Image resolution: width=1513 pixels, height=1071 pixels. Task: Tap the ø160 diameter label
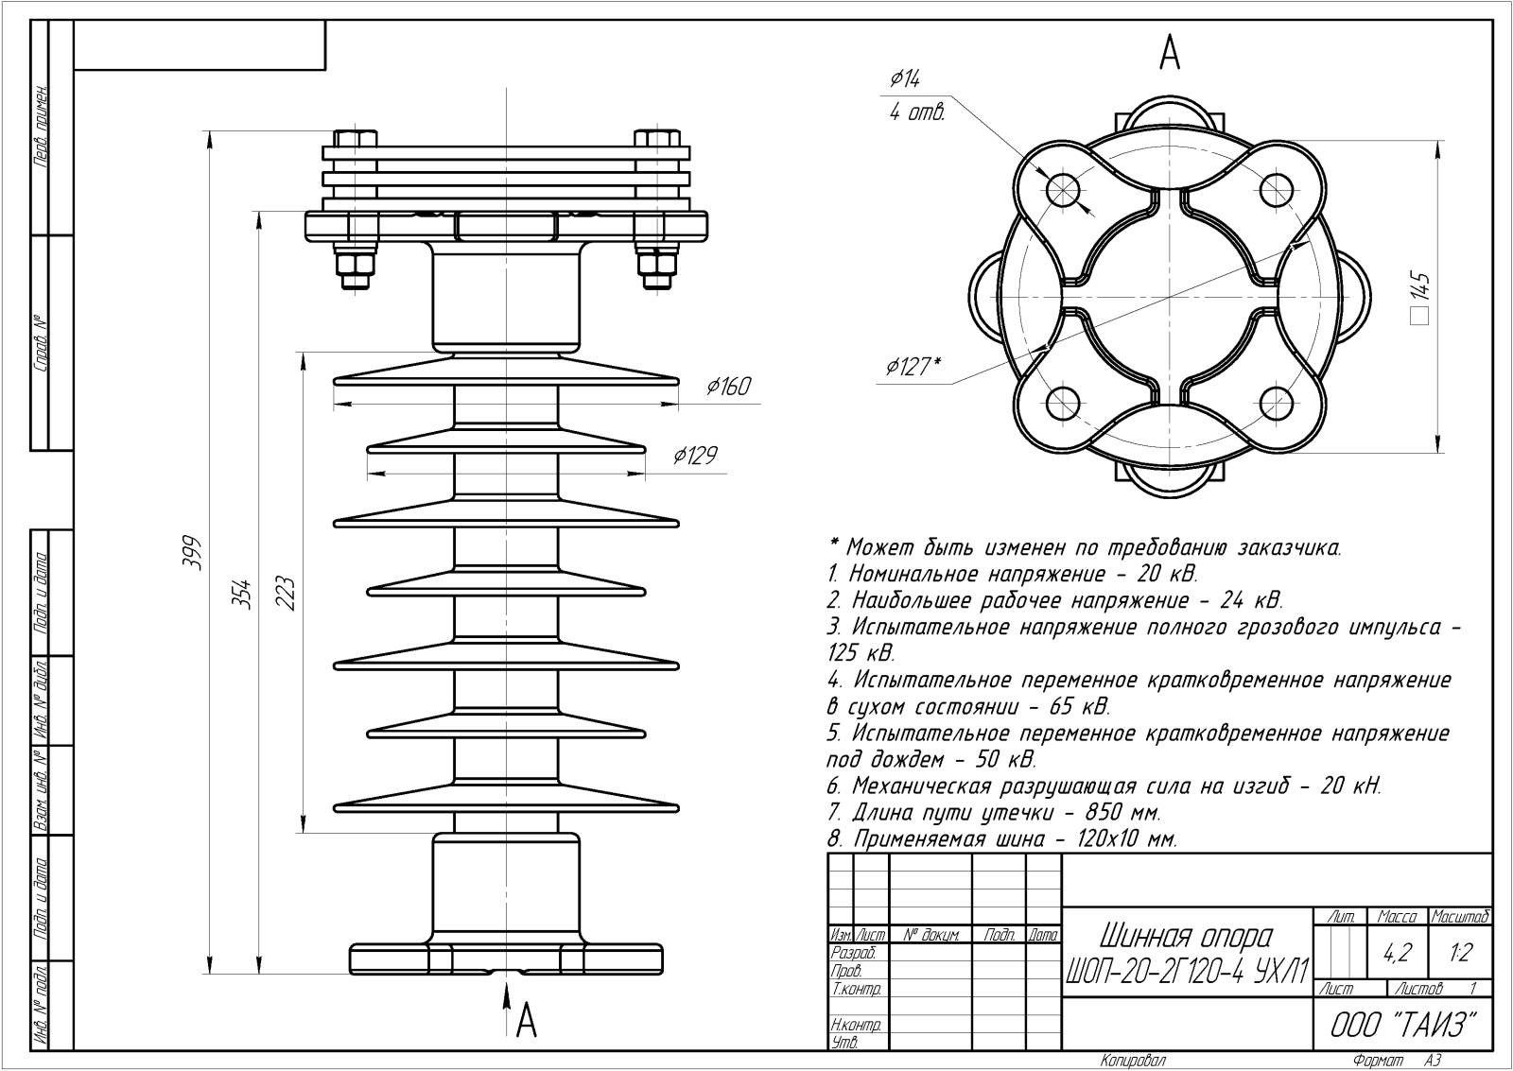coord(728,387)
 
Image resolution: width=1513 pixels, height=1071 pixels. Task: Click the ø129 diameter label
coord(695,457)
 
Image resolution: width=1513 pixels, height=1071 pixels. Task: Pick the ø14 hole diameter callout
coord(905,79)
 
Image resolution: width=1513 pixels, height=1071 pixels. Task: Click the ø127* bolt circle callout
coord(913,367)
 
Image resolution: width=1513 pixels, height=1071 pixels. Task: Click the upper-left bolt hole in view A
coord(1063,190)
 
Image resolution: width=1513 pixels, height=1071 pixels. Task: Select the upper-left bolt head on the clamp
coord(356,139)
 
